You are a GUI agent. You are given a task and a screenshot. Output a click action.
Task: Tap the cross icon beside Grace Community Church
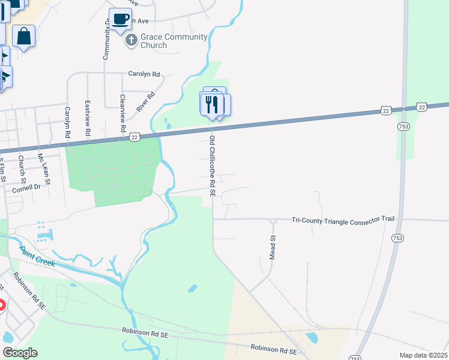click(130, 41)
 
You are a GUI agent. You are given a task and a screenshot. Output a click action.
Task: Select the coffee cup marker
click(121, 20)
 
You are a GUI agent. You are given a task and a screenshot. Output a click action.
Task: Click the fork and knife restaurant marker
click(211, 104)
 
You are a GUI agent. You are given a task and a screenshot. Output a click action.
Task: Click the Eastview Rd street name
click(88, 118)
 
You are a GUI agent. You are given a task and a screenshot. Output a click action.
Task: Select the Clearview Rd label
click(122, 113)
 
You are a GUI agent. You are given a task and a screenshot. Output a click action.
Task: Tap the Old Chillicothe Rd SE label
click(212, 166)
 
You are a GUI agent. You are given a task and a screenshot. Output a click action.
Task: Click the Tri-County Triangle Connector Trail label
click(343, 220)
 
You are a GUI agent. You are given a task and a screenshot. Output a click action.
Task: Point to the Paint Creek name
click(37, 256)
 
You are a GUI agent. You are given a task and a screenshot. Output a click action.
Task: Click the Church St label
click(22, 169)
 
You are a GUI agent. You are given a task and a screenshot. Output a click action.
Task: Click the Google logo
click(20, 353)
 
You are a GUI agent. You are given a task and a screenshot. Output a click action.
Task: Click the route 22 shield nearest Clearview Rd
click(134, 137)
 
